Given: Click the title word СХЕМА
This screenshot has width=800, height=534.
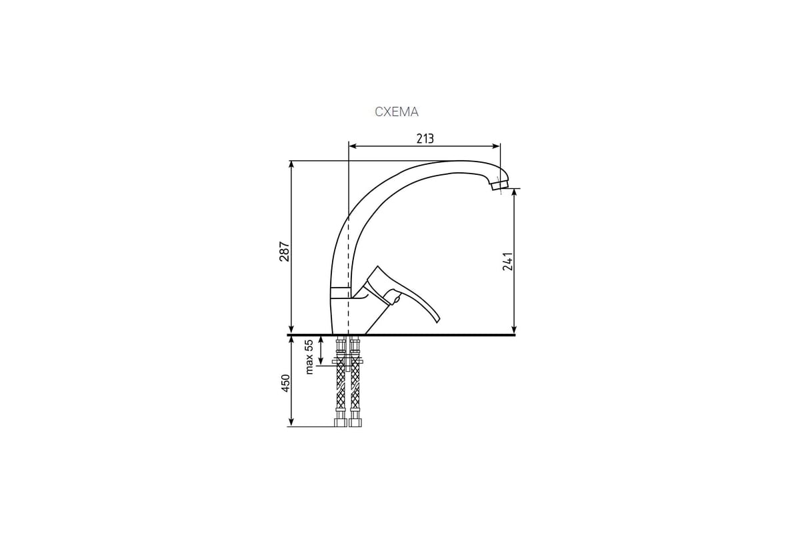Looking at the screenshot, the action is click(x=397, y=112).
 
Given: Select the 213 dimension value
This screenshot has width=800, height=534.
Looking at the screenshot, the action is click(x=425, y=138).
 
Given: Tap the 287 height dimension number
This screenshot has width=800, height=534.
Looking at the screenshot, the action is click(x=284, y=252).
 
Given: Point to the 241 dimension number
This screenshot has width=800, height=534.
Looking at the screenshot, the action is click(x=507, y=262).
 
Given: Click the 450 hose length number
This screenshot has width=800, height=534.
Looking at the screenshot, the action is click(x=285, y=383).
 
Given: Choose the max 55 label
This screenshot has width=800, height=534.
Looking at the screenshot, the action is click(x=309, y=356).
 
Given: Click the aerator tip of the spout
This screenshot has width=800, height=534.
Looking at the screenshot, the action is click(x=499, y=186).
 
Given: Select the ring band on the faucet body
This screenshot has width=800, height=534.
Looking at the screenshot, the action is click(x=339, y=292).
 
